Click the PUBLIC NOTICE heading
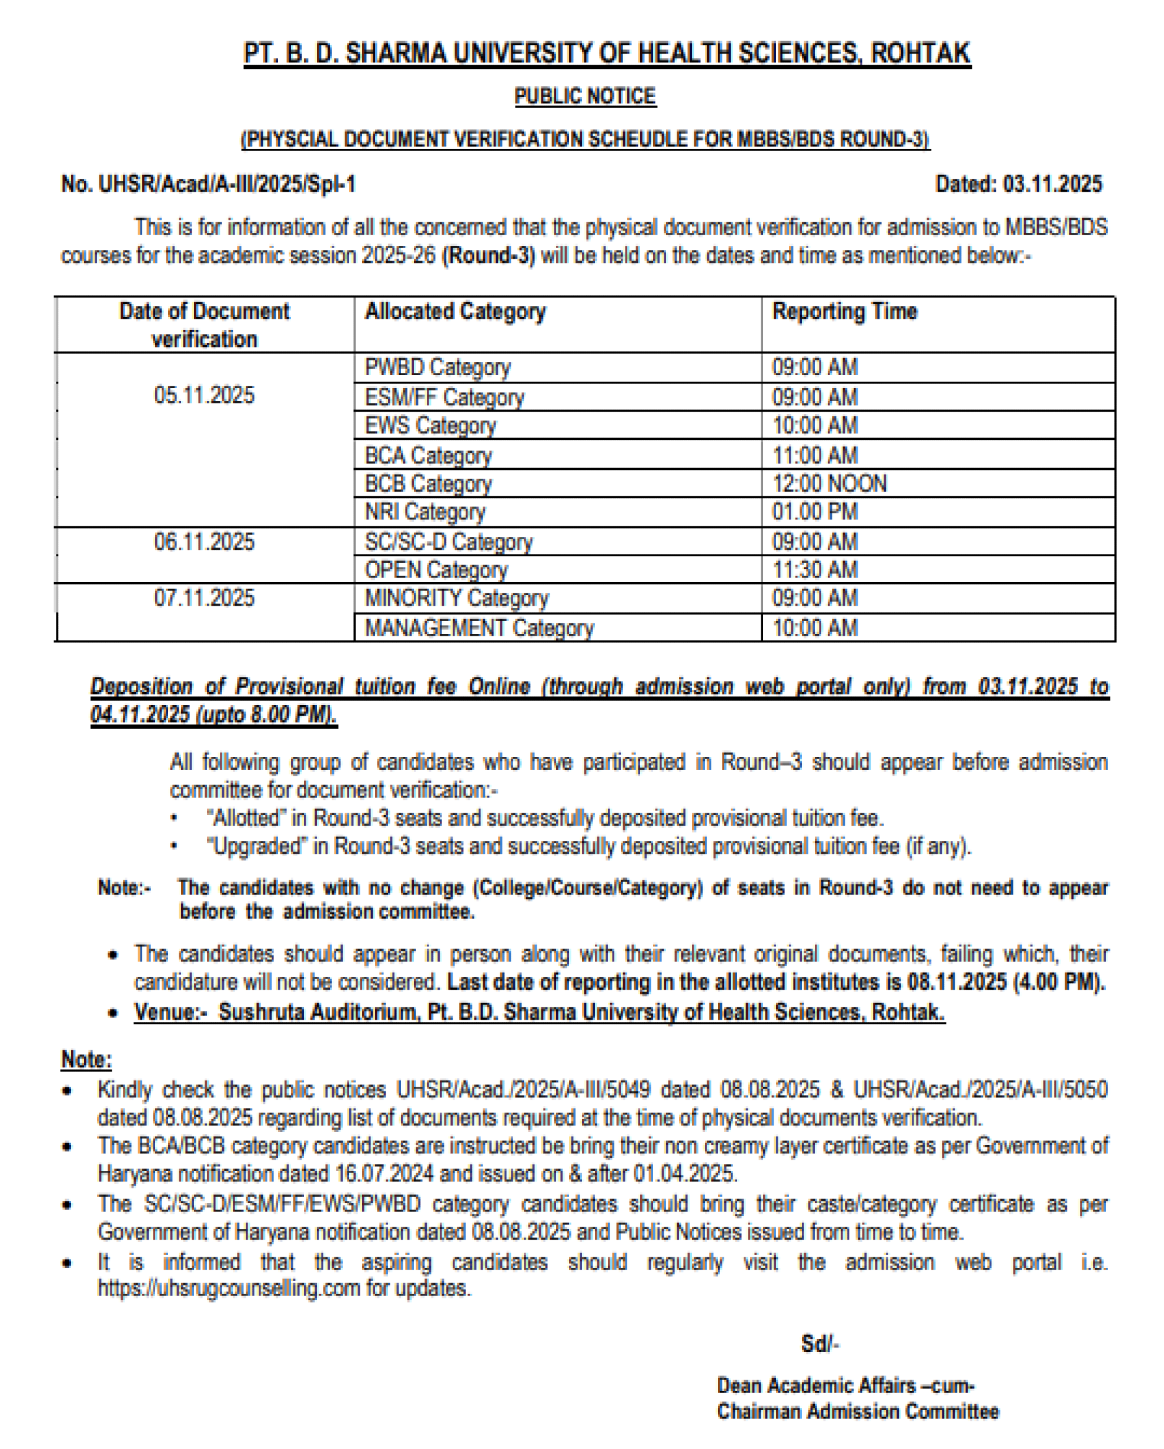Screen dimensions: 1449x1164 pyautogui.click(x=585, y=96)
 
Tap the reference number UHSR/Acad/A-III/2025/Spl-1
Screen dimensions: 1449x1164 pyautogui.click(x=227, y=184)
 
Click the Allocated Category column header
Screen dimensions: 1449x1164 pyautogui.click(x=455, y=311)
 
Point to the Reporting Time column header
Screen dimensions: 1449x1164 pyautogui.click(x=845, y=311)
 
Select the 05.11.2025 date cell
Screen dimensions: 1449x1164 pyautogui.click(x=205, y=395)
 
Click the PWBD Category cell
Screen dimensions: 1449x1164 pyautogui.click(x=437, y=368)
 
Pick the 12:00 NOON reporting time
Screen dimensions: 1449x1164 pyautogui.click(x=829, y=484)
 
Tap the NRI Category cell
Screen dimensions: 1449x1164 pyautogui.click(x=424, y=512)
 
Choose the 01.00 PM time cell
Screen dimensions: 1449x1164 pyautogui.click(x=815, y=512)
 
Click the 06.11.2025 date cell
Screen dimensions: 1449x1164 pyautogui.click(x=205, y=542)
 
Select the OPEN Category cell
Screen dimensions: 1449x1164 pyautogui.click(x=436, y=570)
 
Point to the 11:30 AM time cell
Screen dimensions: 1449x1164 pyautogui.click(x=815, y=570)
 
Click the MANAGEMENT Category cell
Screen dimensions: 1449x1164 pyautogui.click(x=479, y=629)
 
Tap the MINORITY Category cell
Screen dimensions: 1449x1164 pyautogui.click(x=456, y=598)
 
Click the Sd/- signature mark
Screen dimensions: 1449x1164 pyautogui.click(x=820, y=1344)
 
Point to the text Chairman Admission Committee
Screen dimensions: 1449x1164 pyautogui.click(x=858, y=1411)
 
